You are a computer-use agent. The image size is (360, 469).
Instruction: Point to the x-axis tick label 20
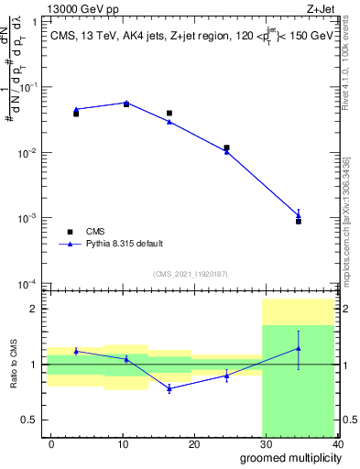tap(194, 443)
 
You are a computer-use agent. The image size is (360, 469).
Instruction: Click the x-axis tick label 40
tap(337, 443)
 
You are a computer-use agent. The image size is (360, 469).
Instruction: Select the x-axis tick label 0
tap(50, 443)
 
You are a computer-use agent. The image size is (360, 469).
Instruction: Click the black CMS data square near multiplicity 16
tap(169, 114)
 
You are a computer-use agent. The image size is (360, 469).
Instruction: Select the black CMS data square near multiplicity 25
tap(226, 147)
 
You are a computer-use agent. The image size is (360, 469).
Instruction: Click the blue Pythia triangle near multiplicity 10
tap(126, 103)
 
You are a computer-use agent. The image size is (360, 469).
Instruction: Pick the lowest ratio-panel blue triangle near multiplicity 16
tap(169, 388)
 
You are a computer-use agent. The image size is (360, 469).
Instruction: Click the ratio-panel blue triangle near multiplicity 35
tap(299, 348)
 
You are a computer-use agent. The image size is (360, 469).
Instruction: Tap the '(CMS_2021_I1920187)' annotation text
tap(190, 274)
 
